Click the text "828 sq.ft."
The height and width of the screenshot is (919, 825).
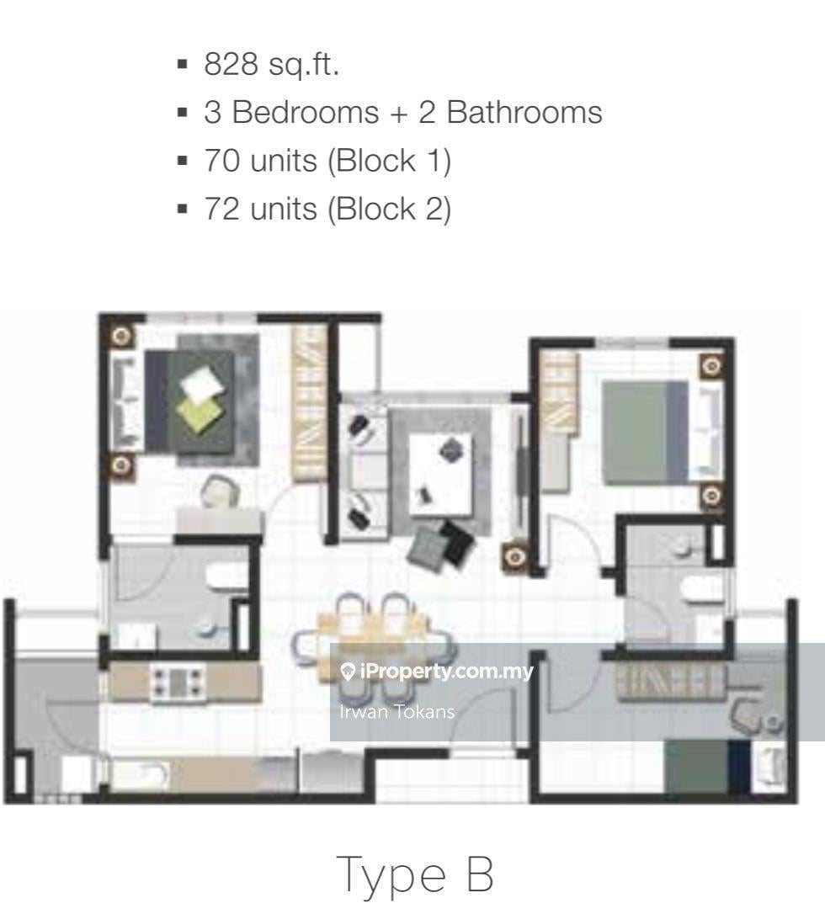point(271,65)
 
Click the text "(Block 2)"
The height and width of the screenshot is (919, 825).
point(389,209)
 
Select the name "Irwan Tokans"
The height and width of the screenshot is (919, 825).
point(397,712)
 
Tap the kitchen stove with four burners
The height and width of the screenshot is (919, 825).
point(177,682)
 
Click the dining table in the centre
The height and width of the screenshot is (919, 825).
point(373,635)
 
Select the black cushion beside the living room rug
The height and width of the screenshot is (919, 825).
point(457,543)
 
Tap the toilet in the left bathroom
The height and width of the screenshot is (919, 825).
point(227,576)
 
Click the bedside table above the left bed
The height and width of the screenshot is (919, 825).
point(121,336)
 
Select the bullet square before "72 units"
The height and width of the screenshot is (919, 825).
point(182,209)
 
